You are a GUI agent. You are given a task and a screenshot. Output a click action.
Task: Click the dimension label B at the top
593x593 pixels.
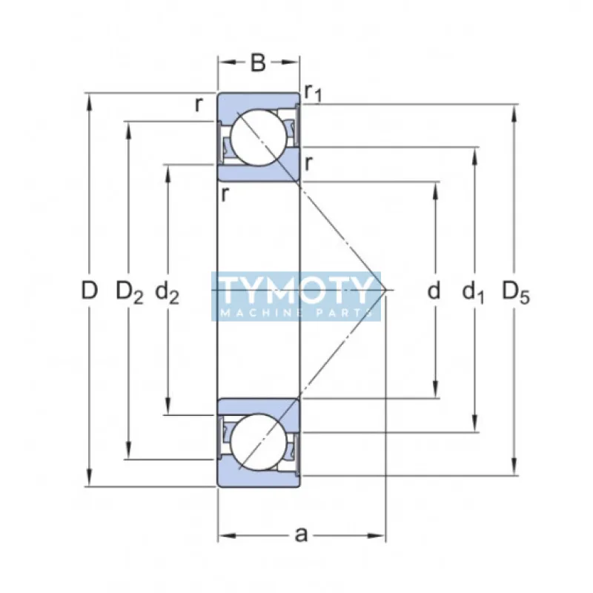[257, 63]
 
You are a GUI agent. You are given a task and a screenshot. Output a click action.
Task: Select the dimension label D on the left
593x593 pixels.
[89, 291]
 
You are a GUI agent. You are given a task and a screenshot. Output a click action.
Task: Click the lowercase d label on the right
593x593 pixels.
[434, 291]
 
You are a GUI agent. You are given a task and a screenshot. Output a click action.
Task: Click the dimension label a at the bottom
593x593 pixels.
[301, 534]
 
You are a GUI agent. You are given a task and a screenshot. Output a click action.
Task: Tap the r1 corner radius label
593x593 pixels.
[312, 92]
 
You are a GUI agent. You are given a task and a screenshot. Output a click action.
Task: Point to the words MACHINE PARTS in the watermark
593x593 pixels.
[296, 313]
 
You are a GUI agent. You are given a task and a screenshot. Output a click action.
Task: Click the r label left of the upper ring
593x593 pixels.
[198, 105]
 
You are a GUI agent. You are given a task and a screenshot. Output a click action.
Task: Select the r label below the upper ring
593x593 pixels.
[224, 194]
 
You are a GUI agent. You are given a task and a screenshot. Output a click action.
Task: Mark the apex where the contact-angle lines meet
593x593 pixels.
[386, 291]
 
